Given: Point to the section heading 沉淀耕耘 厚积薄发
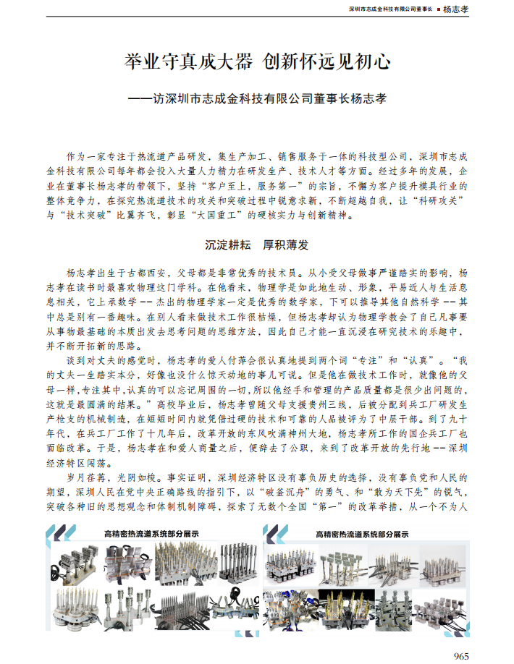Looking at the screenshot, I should [x=257, y=246].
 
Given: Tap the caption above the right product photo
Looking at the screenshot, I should [x=362, y=534].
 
